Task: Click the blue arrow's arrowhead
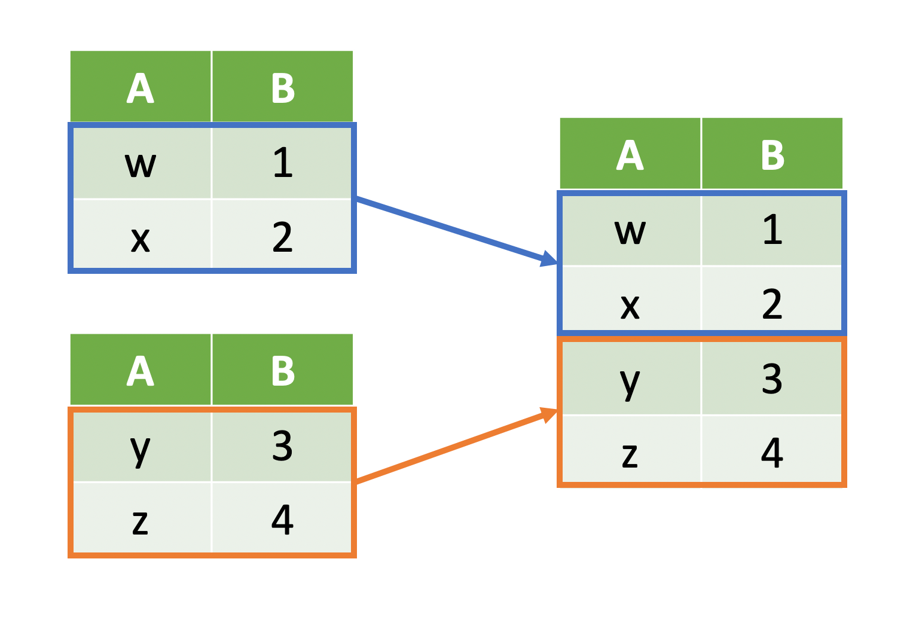coord(549,259)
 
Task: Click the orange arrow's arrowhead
coord(548,414)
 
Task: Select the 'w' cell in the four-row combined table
coord(630,231)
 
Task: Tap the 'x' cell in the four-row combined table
coord(630,305)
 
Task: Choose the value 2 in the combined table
coord(772,304)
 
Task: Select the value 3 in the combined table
coord(772,378)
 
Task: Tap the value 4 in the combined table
coord(772,453)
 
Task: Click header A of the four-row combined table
coord(630,155)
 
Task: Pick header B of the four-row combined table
coord(772,155)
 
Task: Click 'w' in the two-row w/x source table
coord(141,164)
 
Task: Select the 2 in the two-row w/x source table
coord(282,237)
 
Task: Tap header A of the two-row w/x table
coord(141,88)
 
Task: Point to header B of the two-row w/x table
coord(282,88)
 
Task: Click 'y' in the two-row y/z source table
coord(141,447)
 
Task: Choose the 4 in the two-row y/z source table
coord(282,520)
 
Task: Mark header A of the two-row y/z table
coord(141,371)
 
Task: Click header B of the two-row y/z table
coord(282,371)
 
